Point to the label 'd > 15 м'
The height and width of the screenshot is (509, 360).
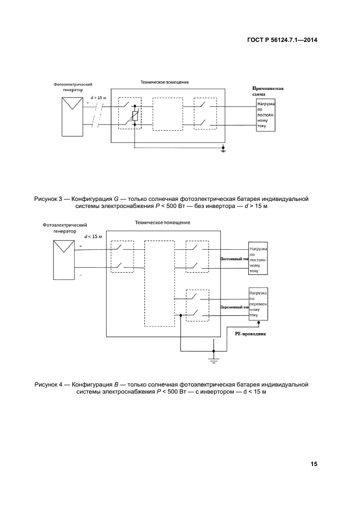[99, 97]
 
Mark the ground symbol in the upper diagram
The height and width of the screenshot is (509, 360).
[223, 149]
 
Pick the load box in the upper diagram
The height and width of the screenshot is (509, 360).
[266, 115]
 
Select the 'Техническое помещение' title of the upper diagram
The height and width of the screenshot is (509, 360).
[164, 82]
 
